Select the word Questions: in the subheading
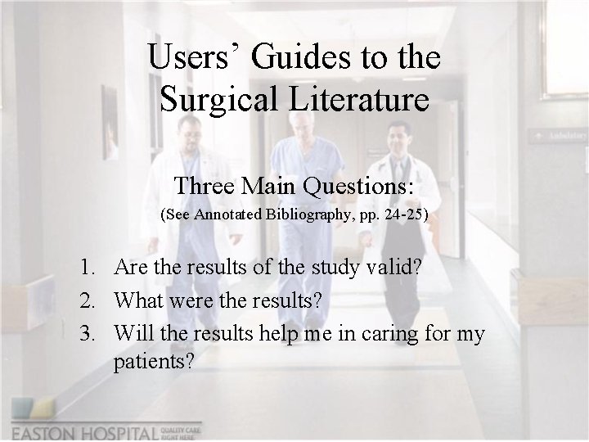(357, 186)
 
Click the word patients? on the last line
(155, 360)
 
